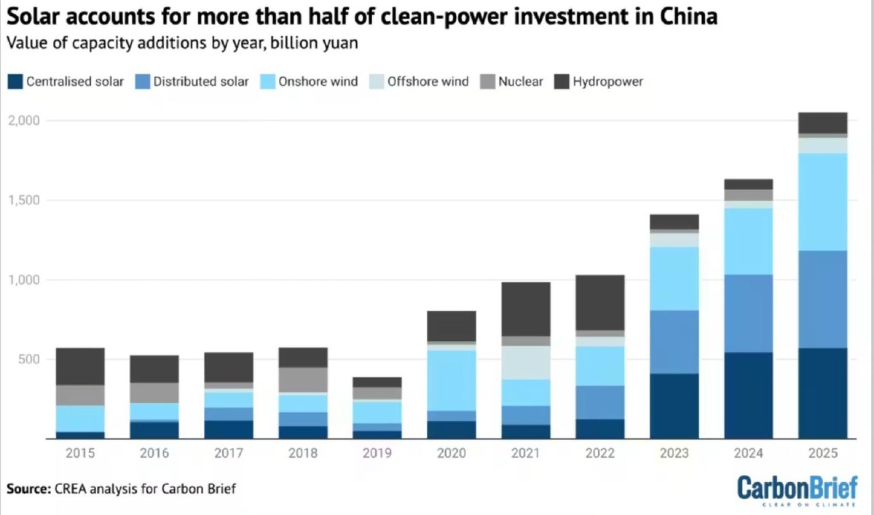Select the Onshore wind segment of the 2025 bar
(822, 202)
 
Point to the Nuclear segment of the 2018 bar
(302, 380)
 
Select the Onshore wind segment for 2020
(451, 380)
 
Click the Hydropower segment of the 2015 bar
(80, 366)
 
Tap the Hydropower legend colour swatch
(562, 82)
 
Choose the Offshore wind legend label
(428, 82)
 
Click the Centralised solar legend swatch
(14, 82)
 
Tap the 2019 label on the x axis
(377, 454)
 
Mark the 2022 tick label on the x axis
(599, 454)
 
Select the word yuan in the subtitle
(342, 43)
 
